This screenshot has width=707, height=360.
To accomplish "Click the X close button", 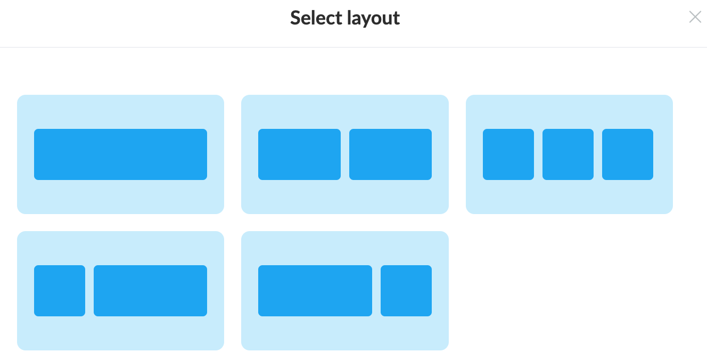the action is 695,17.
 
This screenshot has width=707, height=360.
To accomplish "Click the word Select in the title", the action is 316,18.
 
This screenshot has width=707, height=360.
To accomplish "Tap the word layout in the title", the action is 373,18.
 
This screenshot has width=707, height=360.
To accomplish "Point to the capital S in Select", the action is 296,18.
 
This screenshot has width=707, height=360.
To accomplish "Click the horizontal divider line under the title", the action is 353,47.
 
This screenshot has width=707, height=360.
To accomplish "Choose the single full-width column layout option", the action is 120,154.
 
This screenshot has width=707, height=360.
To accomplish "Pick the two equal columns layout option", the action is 344,154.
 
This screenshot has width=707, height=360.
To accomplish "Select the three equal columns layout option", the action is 569,154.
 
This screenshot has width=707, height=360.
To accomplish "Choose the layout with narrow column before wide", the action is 120,291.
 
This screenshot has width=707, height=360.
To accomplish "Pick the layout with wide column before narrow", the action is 344,291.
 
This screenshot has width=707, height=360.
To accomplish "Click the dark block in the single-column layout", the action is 120,154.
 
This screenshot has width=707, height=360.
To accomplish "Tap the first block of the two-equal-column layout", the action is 299,154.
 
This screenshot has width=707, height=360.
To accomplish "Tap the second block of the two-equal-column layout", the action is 390,154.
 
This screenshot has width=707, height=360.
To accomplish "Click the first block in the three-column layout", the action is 508,154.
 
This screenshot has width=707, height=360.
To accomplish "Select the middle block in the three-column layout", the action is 568,154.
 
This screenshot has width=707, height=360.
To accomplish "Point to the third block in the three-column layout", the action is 628,154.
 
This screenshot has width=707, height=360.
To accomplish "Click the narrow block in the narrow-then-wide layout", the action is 60,291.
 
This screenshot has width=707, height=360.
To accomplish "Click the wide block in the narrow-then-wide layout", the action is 150,291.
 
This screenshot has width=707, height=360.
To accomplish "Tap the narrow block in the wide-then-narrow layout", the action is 406,291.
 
